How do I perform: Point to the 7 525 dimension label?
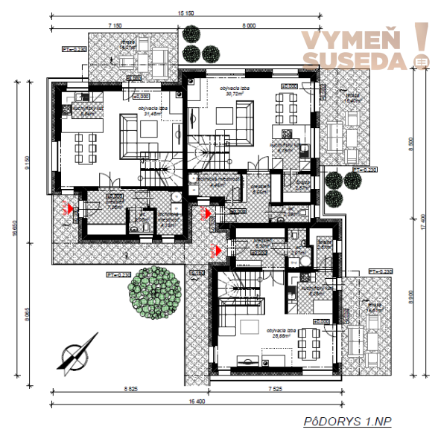click(260, 389)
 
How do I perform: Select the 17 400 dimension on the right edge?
click(423, 219)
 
